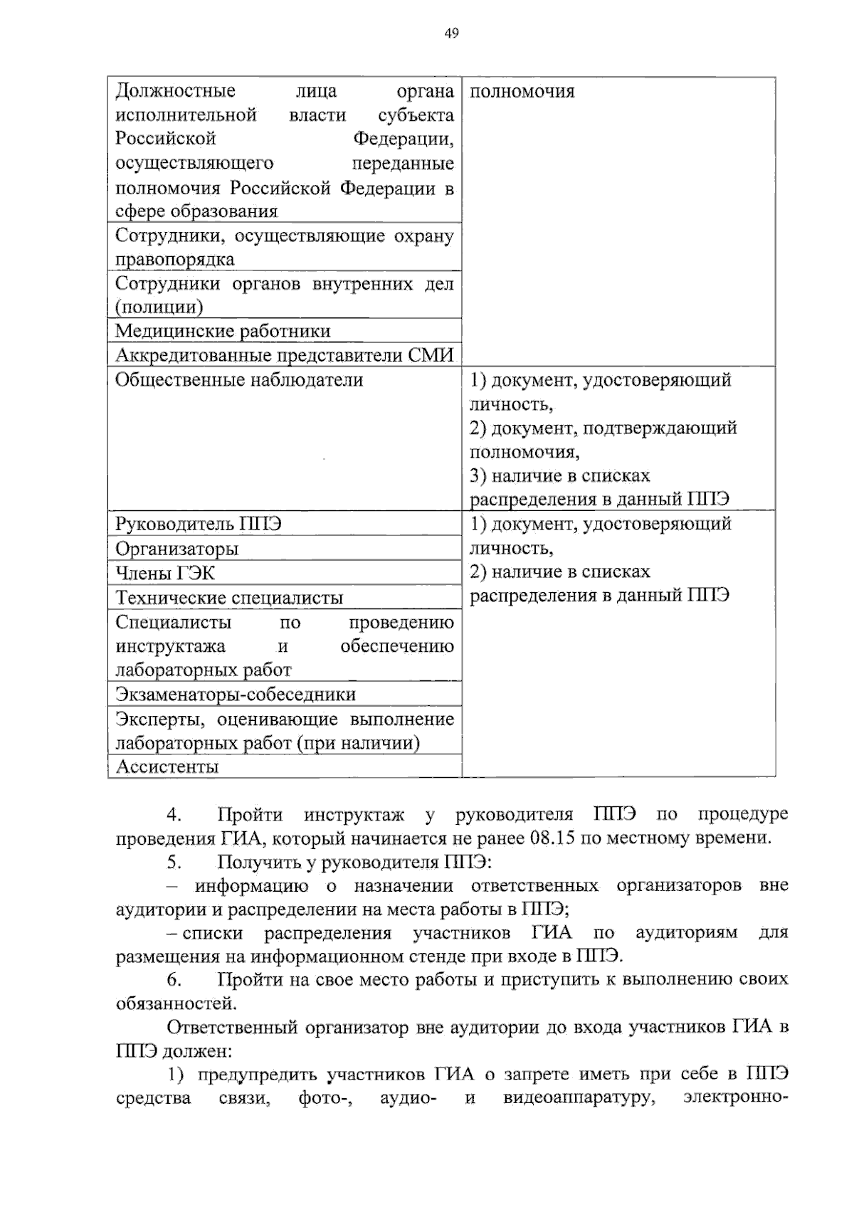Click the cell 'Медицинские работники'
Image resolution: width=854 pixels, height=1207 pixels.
223,331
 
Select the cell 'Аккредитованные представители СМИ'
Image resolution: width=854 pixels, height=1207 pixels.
284,355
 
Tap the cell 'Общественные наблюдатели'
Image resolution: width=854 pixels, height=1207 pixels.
239,380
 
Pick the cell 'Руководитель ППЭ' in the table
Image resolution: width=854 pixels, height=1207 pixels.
199,525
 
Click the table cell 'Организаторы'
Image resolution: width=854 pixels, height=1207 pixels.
177,549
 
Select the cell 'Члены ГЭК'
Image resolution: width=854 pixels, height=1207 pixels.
165,573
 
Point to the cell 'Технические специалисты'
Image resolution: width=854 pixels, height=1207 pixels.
229,598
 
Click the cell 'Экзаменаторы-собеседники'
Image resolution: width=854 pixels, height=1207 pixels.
236,694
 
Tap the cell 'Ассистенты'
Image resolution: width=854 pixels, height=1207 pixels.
167,766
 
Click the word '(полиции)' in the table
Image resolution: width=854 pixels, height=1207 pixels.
159,307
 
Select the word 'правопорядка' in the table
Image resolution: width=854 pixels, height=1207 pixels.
175,259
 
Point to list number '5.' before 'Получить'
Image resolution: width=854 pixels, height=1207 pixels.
174,862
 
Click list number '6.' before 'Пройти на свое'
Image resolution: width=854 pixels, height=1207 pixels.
174,980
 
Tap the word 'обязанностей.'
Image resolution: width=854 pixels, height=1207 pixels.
176,1003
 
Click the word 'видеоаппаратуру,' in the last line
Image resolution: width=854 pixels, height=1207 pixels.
579,1097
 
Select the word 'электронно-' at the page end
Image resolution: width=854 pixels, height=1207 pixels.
735,1097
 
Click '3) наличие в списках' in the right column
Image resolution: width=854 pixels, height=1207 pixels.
560,475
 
